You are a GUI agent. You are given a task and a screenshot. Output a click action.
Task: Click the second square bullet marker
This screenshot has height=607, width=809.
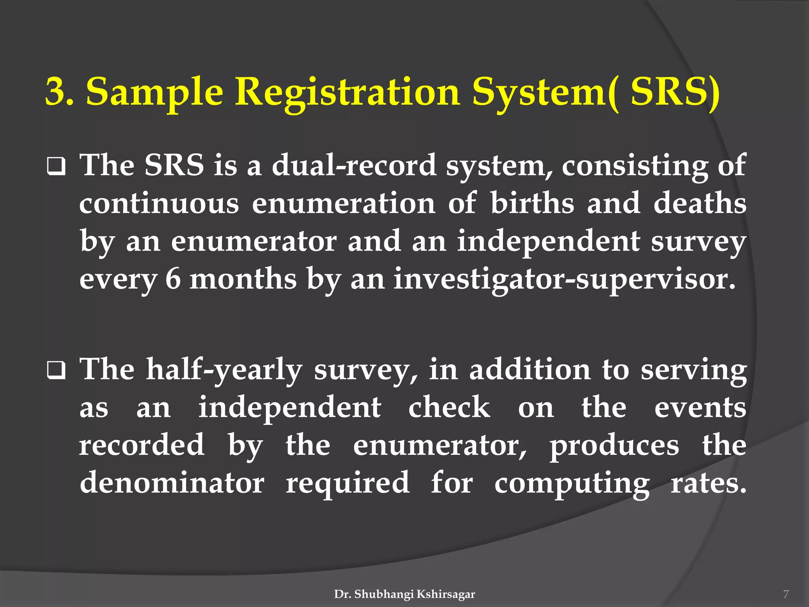click(x=56, y=371)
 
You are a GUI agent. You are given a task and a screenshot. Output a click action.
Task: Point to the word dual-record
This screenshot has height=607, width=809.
click(x=354, y=165)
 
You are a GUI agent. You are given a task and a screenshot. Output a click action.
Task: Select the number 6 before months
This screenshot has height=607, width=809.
click(x=173, y=279)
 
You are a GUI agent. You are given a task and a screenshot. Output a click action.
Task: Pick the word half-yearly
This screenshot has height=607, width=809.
click(x=224, y=369)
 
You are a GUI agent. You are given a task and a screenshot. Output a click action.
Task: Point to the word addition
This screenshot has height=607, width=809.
click(x=529, y=369)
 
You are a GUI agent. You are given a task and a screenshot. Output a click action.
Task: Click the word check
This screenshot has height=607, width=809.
click(x=449, y=407)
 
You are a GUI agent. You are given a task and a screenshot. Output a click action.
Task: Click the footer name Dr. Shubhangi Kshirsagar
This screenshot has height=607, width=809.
click(x=404, y=594)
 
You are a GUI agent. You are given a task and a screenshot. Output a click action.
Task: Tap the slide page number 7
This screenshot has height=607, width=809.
click(x=786, y=594)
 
